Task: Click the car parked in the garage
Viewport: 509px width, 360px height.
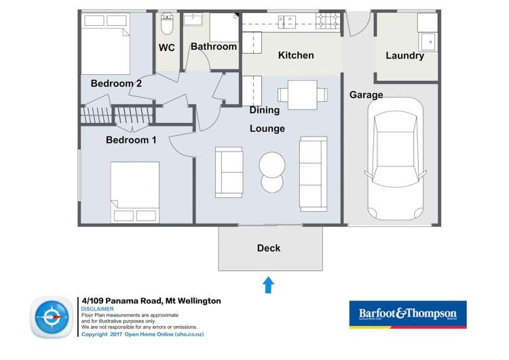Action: coord(396,158)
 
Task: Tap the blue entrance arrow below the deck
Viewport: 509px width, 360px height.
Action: coord(267,285)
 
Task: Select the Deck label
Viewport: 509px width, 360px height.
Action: coord(269,248)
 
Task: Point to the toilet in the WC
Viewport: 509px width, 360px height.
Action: coord(167,25)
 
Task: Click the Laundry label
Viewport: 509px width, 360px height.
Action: coord(404,56)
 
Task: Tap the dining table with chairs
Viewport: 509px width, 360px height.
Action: coord(297,94)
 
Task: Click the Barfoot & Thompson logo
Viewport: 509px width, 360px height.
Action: coord(407,314)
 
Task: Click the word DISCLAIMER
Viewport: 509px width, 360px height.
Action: coord(98,309)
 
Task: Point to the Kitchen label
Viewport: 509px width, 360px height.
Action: coord(296,55)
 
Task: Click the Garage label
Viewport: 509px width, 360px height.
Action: coord(366,95)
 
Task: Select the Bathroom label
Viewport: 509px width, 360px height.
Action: coord(213,47)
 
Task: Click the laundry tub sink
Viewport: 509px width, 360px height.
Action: coord(428,41)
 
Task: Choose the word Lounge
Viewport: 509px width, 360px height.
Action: coord(267,128)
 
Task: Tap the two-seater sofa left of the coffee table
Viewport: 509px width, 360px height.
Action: coord(229,173)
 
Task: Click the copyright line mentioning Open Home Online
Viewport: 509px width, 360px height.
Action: coord(143,334)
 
